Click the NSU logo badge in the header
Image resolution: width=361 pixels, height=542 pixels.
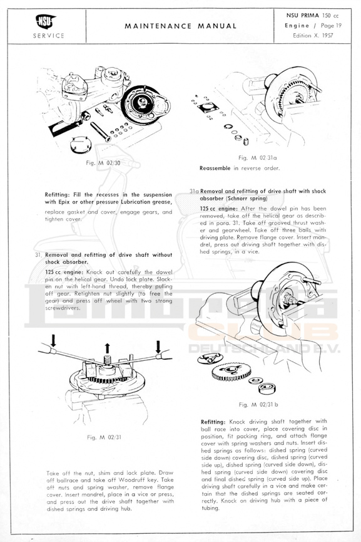point(46,21)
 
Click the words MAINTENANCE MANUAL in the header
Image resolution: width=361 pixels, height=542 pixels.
point(180,26)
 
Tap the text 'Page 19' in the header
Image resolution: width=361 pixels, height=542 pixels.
point(331,25)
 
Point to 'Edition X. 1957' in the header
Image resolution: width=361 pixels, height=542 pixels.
point(313,35)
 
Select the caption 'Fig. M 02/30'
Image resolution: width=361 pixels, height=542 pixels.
point(103,163)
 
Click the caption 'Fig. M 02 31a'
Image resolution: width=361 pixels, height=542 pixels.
point(258,158)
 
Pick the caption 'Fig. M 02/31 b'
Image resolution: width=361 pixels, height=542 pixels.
point(258,404)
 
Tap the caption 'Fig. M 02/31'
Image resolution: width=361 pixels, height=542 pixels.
point(104,437)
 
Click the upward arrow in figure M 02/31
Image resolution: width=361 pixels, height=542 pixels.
point(107,348)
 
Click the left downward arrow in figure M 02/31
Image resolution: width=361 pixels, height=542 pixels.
point(53,340)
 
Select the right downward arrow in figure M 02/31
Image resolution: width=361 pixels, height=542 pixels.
point(158,347)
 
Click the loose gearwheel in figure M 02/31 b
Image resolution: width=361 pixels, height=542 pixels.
point(231,372)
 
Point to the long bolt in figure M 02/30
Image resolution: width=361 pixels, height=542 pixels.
point(101,132)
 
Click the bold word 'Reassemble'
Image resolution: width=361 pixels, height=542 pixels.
point(215,169)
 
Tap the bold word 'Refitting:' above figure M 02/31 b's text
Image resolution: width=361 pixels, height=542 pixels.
point(213,422)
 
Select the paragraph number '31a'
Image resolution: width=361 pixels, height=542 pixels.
point(194,191)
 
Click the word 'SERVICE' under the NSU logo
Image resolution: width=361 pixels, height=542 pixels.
point(49,35)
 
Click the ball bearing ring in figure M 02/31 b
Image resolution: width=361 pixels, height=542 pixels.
point(267,388)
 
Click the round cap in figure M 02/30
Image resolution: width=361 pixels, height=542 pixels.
point(81,145)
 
